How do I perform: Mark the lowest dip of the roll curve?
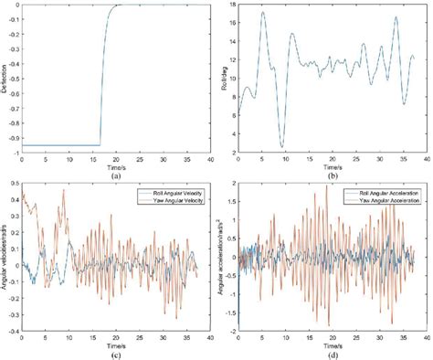(282, 146)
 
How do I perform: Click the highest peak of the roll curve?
(263, 12)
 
